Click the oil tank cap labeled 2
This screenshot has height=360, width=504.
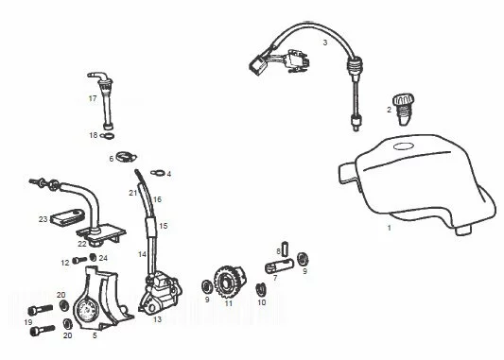coord(404,110)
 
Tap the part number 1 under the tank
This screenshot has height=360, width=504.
coord(390,228)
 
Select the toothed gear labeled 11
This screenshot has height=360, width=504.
coord(230,282)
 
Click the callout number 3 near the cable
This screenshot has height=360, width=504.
coord(325,43)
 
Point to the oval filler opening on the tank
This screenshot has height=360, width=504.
coord(403,146)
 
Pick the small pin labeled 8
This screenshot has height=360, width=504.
coord(285,249)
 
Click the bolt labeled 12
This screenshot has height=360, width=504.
coord(79,260)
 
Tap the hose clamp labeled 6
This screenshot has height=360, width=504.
coord(126,157)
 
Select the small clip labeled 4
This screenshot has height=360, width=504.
coord(158,173)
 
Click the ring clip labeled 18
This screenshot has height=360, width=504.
coord(107,136)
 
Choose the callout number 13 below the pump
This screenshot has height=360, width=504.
coord(157,319)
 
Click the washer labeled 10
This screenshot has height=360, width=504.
coord(261,290)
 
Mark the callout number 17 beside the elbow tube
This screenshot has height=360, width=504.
coord(93,98)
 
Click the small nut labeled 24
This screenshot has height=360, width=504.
coord(93,257)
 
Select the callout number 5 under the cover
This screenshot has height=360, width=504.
coord(95,335)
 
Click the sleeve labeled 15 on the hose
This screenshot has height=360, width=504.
coord(151,227)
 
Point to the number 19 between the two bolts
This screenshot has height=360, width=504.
coord(28,322)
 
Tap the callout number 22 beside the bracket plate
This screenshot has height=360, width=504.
coord(82,244)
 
